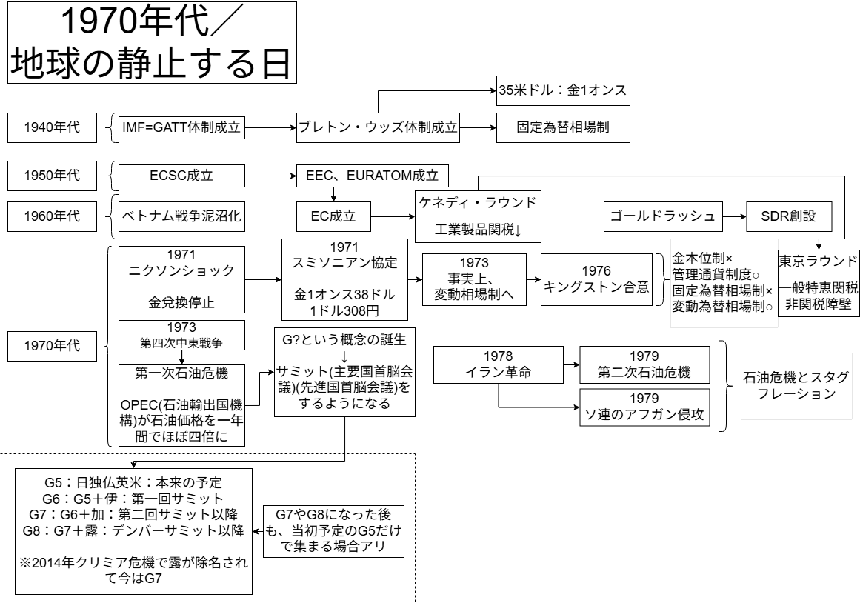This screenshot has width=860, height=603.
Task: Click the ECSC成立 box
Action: click(181, 176)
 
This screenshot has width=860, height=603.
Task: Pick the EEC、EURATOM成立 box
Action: click(373, 176)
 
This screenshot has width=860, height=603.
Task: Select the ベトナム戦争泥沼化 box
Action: click(181, 216)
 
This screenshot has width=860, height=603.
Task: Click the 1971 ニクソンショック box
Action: click(181, 279)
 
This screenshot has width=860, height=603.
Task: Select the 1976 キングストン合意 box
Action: click(596, 279)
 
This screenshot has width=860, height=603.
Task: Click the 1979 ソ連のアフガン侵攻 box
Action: click(643, 407)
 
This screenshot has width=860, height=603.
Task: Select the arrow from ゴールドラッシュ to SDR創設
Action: click(733, 216)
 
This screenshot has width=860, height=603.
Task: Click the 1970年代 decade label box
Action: click(53, 346)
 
